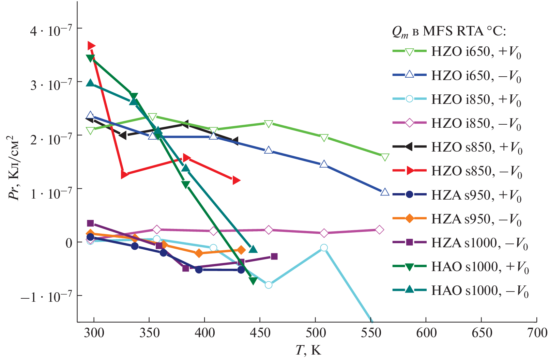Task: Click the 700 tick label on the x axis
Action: tap(537, 332)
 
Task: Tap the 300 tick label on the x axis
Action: tap(94, 332)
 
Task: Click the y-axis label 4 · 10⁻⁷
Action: tap(51, 31)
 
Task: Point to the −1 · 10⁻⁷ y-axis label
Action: tap(46, 297)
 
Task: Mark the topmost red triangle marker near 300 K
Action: tap(91, 46)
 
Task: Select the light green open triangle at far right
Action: tap(385, 157)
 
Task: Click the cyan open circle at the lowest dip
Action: tap(269, 285)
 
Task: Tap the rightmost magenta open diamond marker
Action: tap(380, 230)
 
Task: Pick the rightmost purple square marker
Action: tap(274, 256)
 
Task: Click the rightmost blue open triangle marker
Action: tap(385, 192)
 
